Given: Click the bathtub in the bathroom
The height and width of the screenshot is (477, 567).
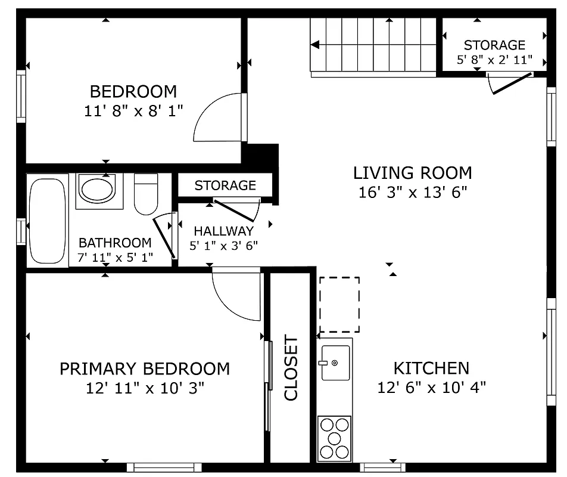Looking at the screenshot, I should (49, 221).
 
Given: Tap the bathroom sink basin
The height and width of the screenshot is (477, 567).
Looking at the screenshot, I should (97, 190).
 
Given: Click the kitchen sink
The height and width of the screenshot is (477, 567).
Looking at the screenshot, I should (335, 363).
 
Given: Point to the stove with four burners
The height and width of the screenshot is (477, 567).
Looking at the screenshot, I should (334, 438).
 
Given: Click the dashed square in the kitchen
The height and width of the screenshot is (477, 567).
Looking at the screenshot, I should (339, 305).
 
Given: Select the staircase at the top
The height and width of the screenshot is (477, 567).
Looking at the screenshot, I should (374, 45).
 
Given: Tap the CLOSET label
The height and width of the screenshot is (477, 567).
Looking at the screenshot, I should (291, 368).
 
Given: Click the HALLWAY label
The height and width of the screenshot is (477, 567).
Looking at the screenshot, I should (223, 231).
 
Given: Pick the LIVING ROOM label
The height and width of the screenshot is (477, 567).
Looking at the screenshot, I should (412, 173).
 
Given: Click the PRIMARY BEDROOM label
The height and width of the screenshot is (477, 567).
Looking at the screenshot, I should (145, 368).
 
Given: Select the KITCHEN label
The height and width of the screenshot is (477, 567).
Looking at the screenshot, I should (431, 368).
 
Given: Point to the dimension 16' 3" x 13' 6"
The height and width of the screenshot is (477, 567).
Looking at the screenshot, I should (412, 192).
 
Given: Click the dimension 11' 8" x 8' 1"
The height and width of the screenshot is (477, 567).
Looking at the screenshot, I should (133, 110).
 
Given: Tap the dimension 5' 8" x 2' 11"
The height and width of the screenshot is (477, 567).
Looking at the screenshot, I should (494, 60).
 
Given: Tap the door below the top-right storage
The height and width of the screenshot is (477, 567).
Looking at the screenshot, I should (510, 84).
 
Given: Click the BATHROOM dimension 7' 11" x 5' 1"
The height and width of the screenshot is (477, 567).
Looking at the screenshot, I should (115, 258).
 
